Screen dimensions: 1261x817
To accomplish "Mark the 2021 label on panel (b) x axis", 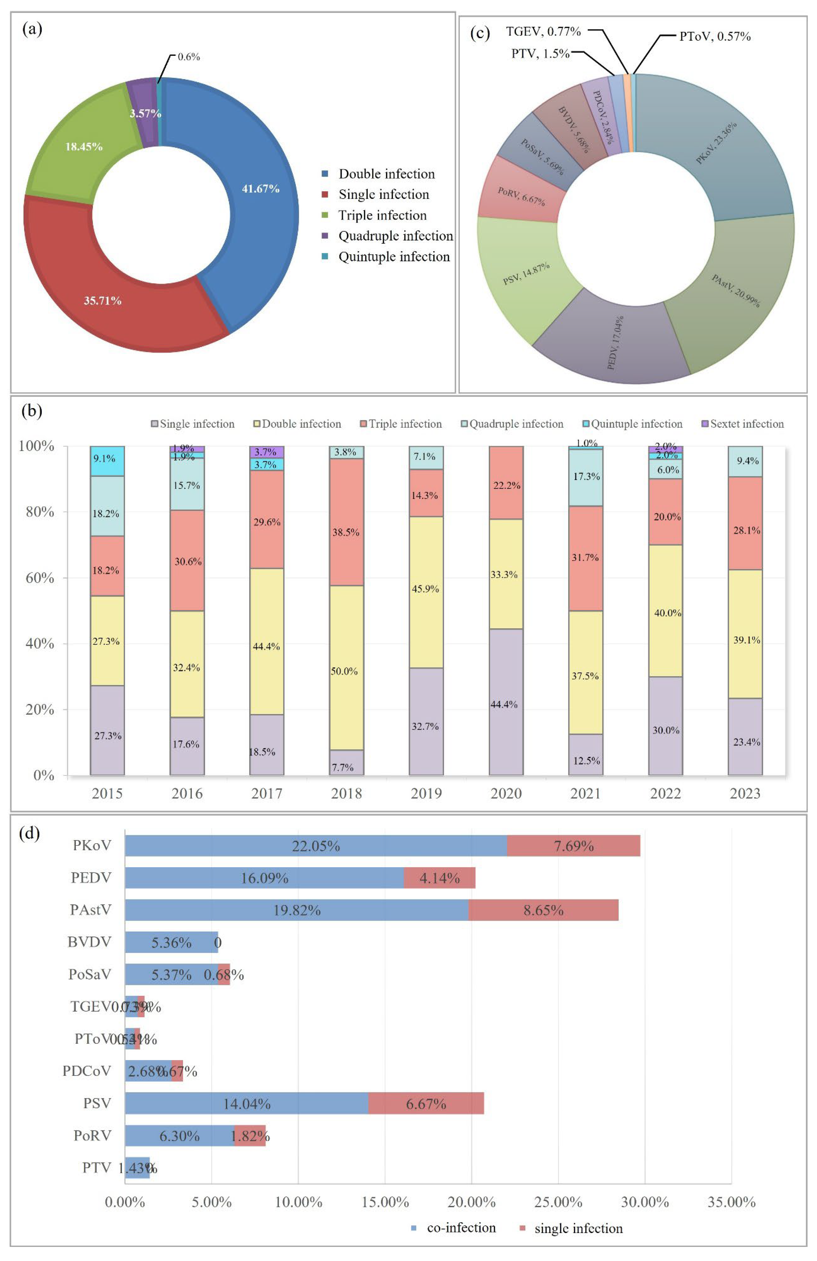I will point(585,794).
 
